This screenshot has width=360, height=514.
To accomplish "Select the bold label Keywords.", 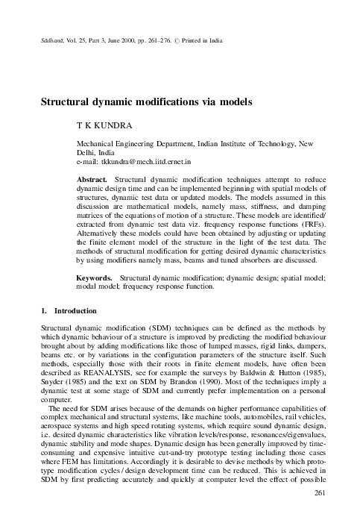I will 96,278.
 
